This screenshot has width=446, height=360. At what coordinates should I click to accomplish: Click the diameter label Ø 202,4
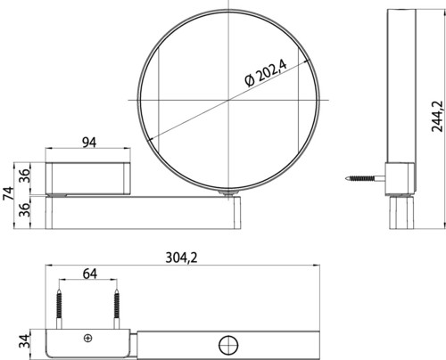[266, 73]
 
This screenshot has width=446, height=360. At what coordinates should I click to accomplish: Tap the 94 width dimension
[89, 143]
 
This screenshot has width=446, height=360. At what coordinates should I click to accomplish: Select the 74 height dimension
[8, 193]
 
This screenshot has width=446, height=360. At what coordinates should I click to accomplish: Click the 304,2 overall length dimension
[181, 258]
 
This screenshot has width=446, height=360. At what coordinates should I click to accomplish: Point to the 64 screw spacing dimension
[90, 274]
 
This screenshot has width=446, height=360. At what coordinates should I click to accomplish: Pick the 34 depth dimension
[25, 341]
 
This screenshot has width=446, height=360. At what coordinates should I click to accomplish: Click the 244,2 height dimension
[437, 117]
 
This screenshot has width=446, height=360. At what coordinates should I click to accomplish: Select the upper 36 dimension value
[25, 176]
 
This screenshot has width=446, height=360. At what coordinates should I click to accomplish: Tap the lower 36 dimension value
[25, 209]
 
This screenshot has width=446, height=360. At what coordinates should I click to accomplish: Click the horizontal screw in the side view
[366, 178]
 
